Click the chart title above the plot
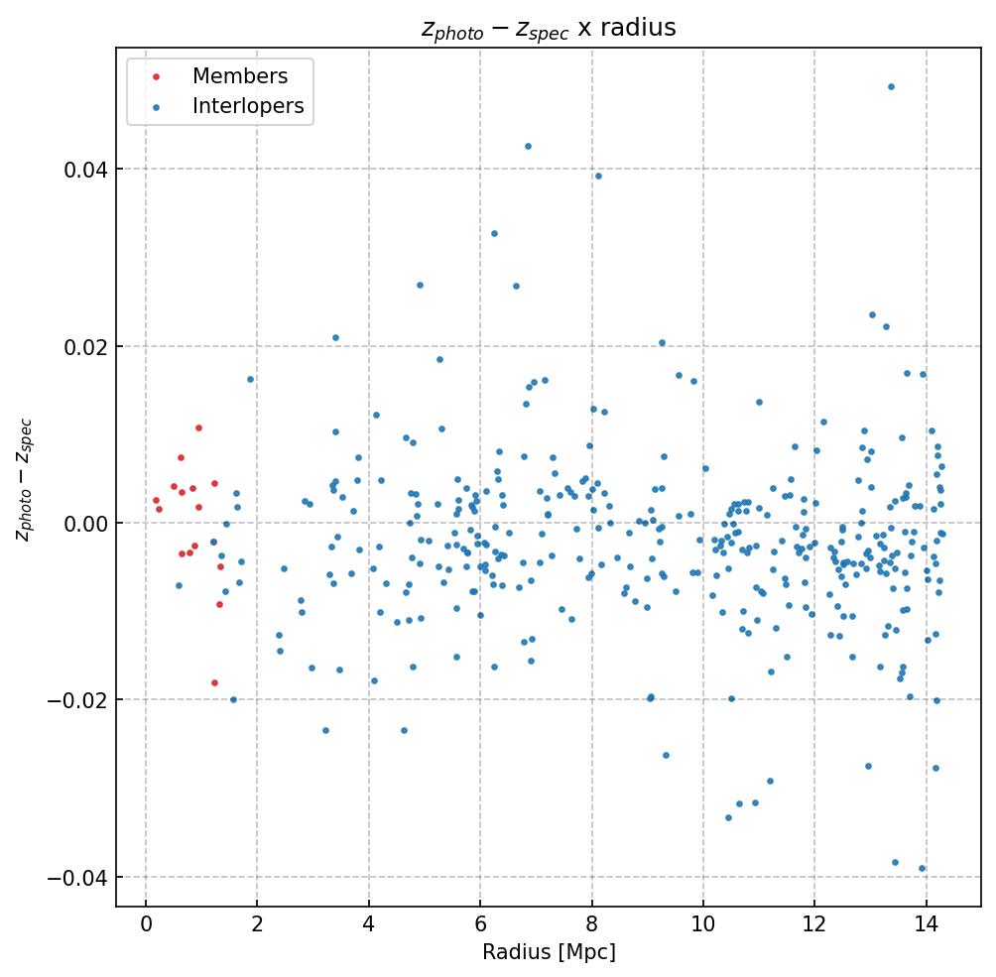(x=549, y=29)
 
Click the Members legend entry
(x=240, y=76)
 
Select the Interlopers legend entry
(x=248, y=106)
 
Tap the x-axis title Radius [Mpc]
(x=549, y=951)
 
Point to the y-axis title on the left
(x=24, y=479)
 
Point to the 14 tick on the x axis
(x=927, y=925)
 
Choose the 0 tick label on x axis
(x=146, y=925)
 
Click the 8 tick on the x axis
(x=592, y=925)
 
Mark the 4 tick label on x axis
(x=369, y=925)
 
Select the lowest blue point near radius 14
(x=922, y=868)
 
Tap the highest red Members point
(x=198, y=427)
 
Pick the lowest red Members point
(x=214, y=682)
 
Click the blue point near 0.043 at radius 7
(x=528, y=146)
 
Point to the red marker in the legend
(x=156, y=76)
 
